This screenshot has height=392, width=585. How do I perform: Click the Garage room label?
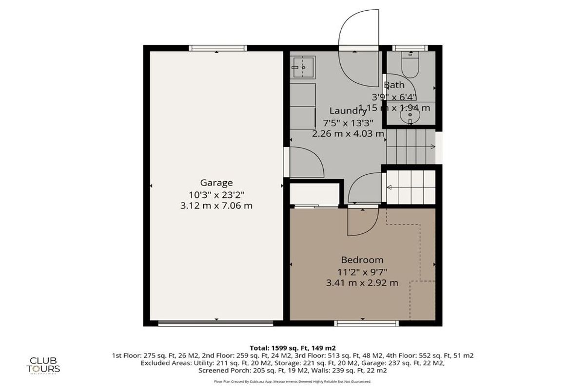[x=216, y=183]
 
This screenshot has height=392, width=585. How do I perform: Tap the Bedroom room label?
[x=362, y=260]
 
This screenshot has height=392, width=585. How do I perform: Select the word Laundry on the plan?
[x=348, y=111]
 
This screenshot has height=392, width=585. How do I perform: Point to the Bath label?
[x=394, y=85]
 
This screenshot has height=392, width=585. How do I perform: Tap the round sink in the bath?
[x=409, y=117]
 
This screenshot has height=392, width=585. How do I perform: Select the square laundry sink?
[x=303, y=66]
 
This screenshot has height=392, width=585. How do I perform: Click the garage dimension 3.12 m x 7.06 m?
[x=216, y=205]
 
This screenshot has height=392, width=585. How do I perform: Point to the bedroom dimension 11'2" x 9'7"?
[x=362, y=271]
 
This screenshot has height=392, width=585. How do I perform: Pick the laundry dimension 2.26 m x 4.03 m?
[x=348, y=133]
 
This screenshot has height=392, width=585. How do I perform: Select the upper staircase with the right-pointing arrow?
[x=410, y=147]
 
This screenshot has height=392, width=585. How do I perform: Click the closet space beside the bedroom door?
[x=315, y=194]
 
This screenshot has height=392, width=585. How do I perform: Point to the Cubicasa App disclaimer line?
[x=292, y=382]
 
